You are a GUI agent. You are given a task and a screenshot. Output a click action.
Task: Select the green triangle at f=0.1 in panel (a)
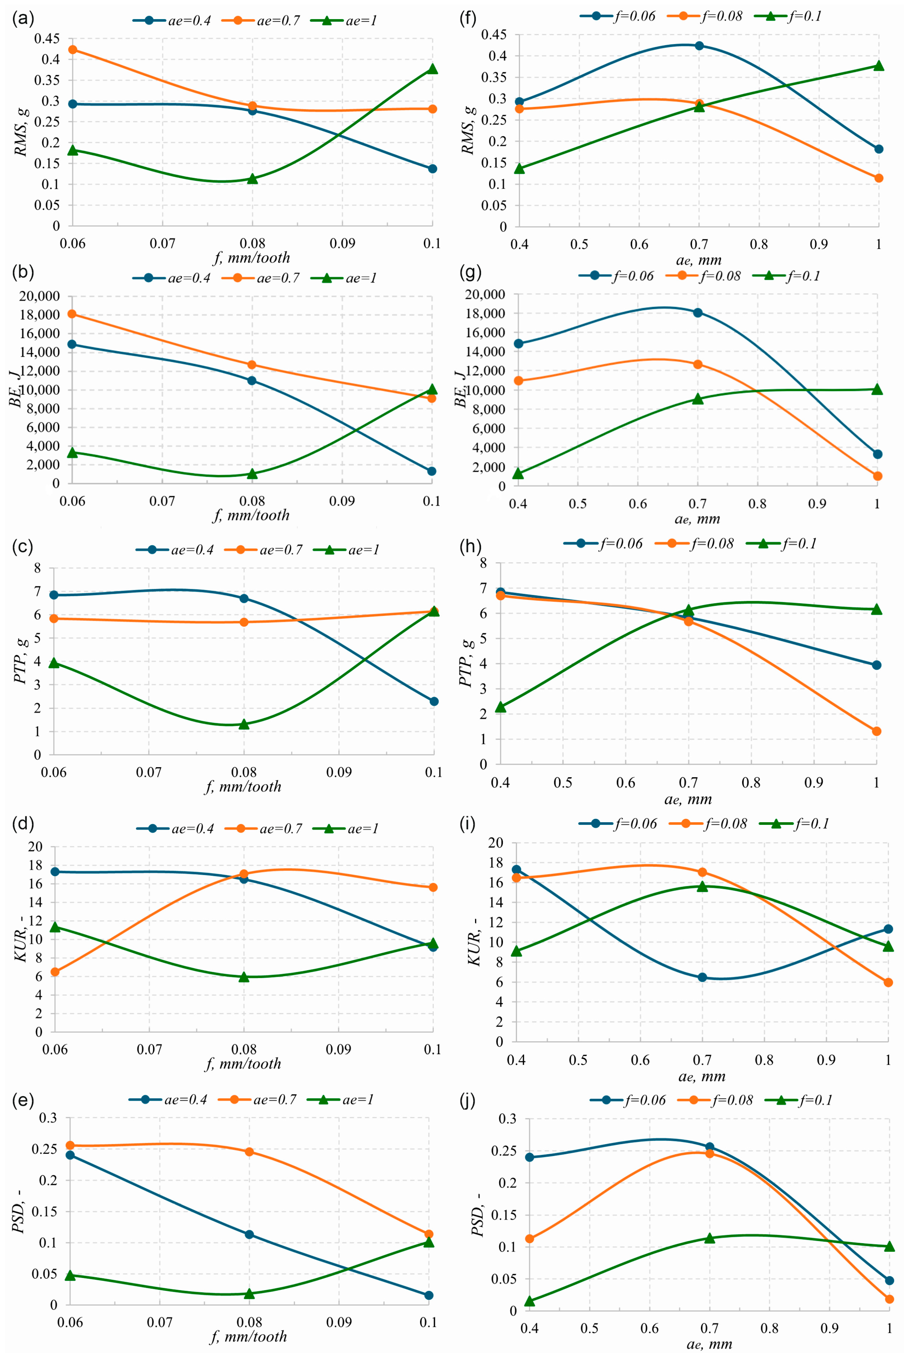432,69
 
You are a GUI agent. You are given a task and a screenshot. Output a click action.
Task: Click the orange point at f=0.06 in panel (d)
55,972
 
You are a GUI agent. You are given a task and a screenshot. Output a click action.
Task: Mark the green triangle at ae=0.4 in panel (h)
500,707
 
